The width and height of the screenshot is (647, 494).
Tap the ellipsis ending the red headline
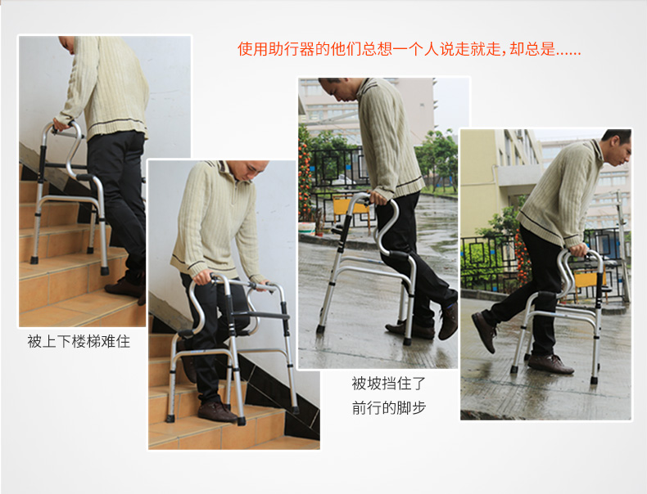coord(568,51)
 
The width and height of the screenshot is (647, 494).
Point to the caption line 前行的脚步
coord(389,407)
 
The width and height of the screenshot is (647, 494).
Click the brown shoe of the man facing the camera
coord(216,411)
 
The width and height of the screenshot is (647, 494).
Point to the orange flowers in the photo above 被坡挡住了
coord(305,180)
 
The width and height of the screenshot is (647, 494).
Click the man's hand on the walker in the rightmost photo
coord(579,250)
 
